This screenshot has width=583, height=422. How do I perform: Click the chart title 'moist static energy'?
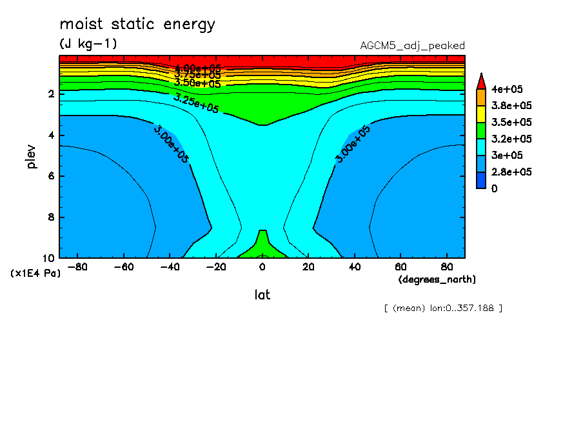(x=137, y=25)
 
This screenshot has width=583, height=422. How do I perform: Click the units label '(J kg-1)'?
(x=88, y=44)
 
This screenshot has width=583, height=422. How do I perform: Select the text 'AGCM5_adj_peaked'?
(x=412, y=46)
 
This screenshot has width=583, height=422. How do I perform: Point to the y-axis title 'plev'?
(x=32, y=156)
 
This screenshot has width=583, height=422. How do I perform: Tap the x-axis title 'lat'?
(x=262, y=295)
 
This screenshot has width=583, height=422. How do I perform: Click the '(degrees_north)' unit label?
(x=437, y=279)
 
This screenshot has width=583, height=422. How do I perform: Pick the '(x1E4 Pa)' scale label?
(x=35, y=274)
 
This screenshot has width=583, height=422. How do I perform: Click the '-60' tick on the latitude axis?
(x=123, y=266)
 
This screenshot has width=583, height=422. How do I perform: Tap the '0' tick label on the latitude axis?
(x=262, y=266)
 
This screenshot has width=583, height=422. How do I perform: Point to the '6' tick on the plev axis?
(x=50, y=176)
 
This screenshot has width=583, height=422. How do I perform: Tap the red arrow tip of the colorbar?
(x=481, y=80)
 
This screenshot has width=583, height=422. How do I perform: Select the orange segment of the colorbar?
(x=481, y=97)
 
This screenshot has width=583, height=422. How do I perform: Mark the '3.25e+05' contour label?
(x=197, y=103)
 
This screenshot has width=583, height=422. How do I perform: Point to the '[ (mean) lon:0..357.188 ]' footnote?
(x=442, y=308)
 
